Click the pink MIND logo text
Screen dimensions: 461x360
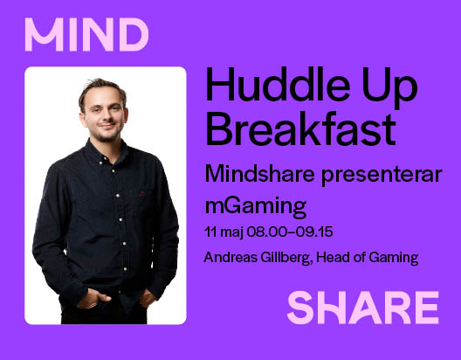point(86,35)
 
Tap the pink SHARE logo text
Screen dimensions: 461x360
point(363,308)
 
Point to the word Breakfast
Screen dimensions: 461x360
point(300,128)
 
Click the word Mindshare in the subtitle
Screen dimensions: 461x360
point(260,174)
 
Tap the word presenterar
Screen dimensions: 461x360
point(382,176)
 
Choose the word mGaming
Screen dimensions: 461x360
point(256,206)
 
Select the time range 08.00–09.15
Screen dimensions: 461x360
point(290,232)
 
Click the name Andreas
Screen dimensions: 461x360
point(230,258)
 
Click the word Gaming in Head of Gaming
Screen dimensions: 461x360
point(394,258)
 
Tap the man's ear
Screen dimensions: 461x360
point(125,116)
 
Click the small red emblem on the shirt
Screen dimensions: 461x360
point(142,193)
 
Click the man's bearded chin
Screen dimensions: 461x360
point(106,137)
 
